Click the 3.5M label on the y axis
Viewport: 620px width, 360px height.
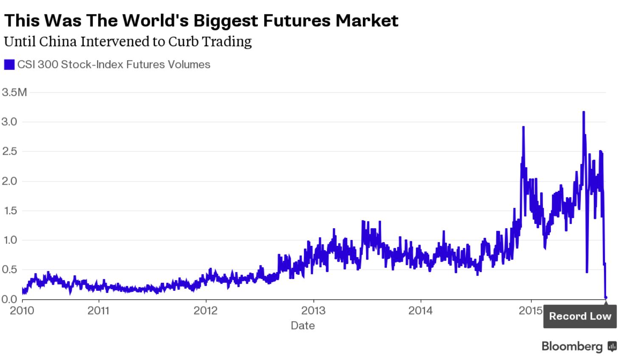click(14, 92)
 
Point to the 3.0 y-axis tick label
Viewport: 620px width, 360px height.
click(9, 122)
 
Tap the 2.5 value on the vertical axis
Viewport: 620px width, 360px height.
click(9, 151)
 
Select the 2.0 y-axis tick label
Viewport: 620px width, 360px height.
click(9, 181)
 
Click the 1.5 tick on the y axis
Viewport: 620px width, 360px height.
click(9, 211)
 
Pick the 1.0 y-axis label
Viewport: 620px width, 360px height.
click(9, 240)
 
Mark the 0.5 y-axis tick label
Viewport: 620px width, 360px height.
click(9, 270)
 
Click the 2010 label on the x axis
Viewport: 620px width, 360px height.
click(22, 311)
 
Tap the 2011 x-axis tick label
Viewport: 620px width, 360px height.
click(98, 311)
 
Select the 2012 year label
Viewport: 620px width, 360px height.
click(205, 311)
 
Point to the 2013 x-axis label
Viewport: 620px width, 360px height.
click(313, 311)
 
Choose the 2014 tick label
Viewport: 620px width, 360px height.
click(421, 311)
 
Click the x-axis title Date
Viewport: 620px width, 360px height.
click(303, 326)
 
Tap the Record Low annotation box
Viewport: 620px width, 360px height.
click(580, 316)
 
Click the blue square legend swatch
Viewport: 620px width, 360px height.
click(9, 65)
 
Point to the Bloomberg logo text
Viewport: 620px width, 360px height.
click(572, 346)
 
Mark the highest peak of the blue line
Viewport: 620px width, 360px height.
click(584, 112)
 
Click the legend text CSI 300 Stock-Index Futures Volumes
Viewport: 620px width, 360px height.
click(114, 64)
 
